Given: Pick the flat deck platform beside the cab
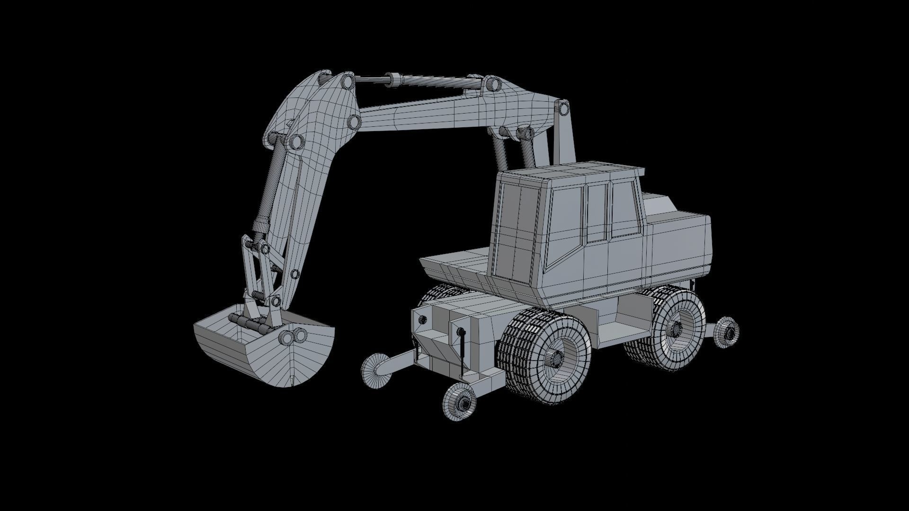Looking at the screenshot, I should tap(454, 263).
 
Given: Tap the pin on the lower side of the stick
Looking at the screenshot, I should tap(295, 274).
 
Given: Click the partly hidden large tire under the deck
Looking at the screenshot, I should tap(438, 296).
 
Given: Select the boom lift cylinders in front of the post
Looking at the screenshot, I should tap(514, 151).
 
